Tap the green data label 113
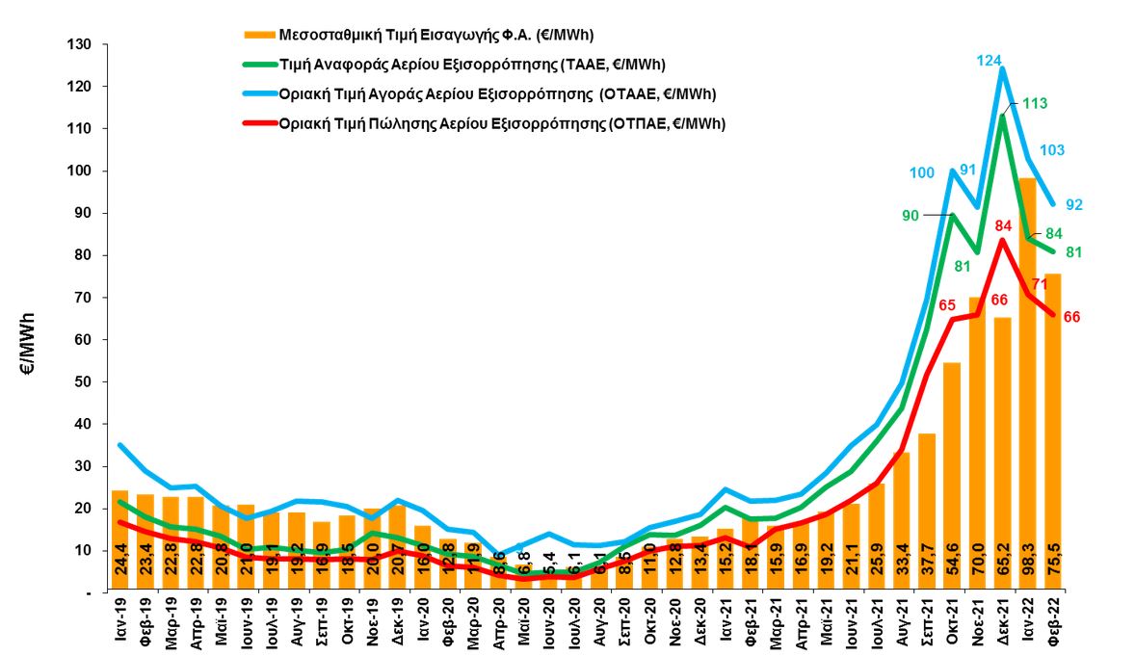tap(1036, 104)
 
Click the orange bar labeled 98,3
tap(1028, 385)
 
